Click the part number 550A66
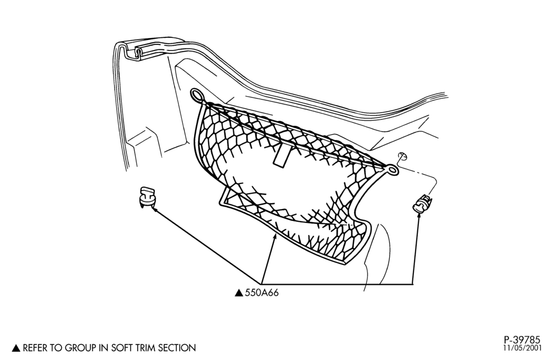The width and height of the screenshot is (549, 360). (262, 292)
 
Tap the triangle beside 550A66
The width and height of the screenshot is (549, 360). (239, 293)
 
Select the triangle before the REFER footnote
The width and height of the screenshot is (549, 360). (16, 348)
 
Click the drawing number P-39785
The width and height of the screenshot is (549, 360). (522, 340)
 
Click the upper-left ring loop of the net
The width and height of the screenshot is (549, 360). (198, 95)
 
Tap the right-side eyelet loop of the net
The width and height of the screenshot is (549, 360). (392, 170)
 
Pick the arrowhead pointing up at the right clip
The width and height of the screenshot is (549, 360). (418, 216)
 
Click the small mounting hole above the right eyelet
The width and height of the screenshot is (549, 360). (402, 156)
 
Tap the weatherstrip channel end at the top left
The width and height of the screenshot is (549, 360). (139, 54)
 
